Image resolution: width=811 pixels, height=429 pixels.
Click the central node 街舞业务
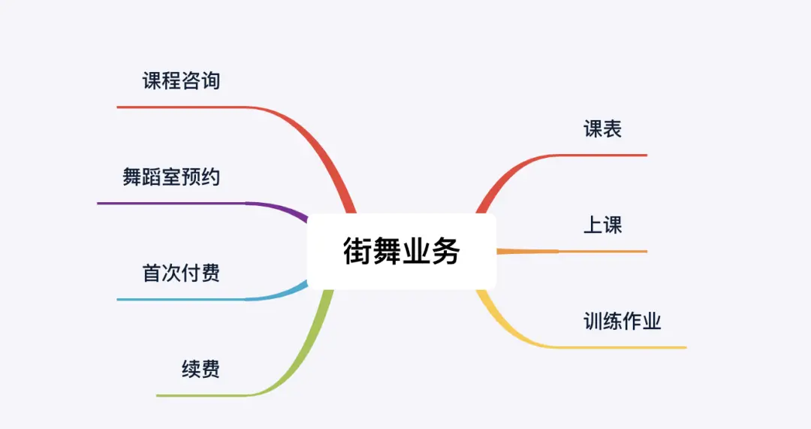tap(402, 252)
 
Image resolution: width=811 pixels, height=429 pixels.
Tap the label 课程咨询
tap(181, 81)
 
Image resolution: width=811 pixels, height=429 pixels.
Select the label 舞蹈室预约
tap(171, 177)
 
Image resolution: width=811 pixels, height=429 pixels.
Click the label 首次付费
tap(181, 273)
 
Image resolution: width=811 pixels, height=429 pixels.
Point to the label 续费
tap(200, 369)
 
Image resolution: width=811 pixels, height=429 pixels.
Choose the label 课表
tap(602, 129)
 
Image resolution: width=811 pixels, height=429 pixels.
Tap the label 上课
tap(602, 225)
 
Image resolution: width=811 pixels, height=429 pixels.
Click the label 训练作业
tap(622, 322)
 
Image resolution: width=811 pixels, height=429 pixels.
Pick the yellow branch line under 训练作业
tap(623, 347)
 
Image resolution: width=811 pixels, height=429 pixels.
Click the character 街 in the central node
tap(357, 252)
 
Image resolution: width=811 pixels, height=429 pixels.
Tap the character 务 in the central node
tap(445, 252)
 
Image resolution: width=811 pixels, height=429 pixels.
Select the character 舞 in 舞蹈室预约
tap(132, 177)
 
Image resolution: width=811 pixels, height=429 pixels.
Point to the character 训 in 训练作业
tap(593, 322)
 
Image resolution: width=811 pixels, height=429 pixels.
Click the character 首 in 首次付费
tap(152, 273)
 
